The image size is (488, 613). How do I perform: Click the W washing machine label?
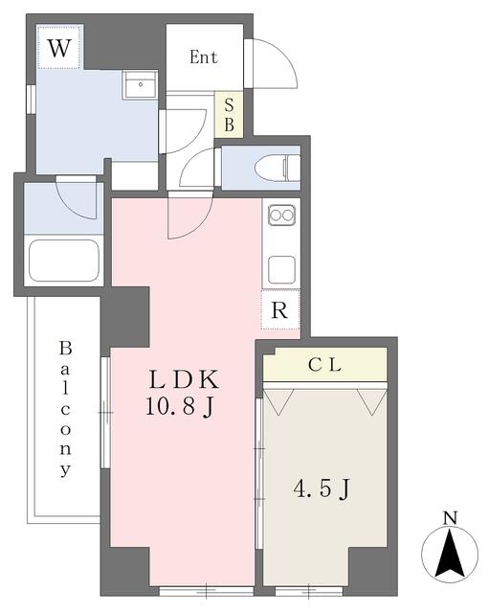[x=59, y=49]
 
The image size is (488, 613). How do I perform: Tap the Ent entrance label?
[x=204, y=57]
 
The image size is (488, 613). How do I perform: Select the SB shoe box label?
[x=229, y=115]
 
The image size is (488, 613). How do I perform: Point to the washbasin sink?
[x=140, y=85]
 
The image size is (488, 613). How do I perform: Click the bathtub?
[x=64, y=260]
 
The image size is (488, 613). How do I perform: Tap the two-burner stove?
[x=281, y=215]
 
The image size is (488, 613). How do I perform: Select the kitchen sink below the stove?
[x=281, y=269]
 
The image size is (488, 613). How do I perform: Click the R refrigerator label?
[x=279, y=310]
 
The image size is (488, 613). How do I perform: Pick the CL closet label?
[x=324, y=365]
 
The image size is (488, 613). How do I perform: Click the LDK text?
[x=184, y=379]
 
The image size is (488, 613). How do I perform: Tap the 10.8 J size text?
[x=180, y=406]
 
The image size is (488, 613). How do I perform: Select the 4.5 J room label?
[x=322, y=489]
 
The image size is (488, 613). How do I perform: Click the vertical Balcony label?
[x=66, y=409]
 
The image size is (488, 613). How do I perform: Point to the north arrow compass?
[x=450, y=554]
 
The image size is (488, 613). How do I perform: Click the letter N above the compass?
[x=450, y=518]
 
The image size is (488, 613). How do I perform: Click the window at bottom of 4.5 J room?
[x=309, y=591]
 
